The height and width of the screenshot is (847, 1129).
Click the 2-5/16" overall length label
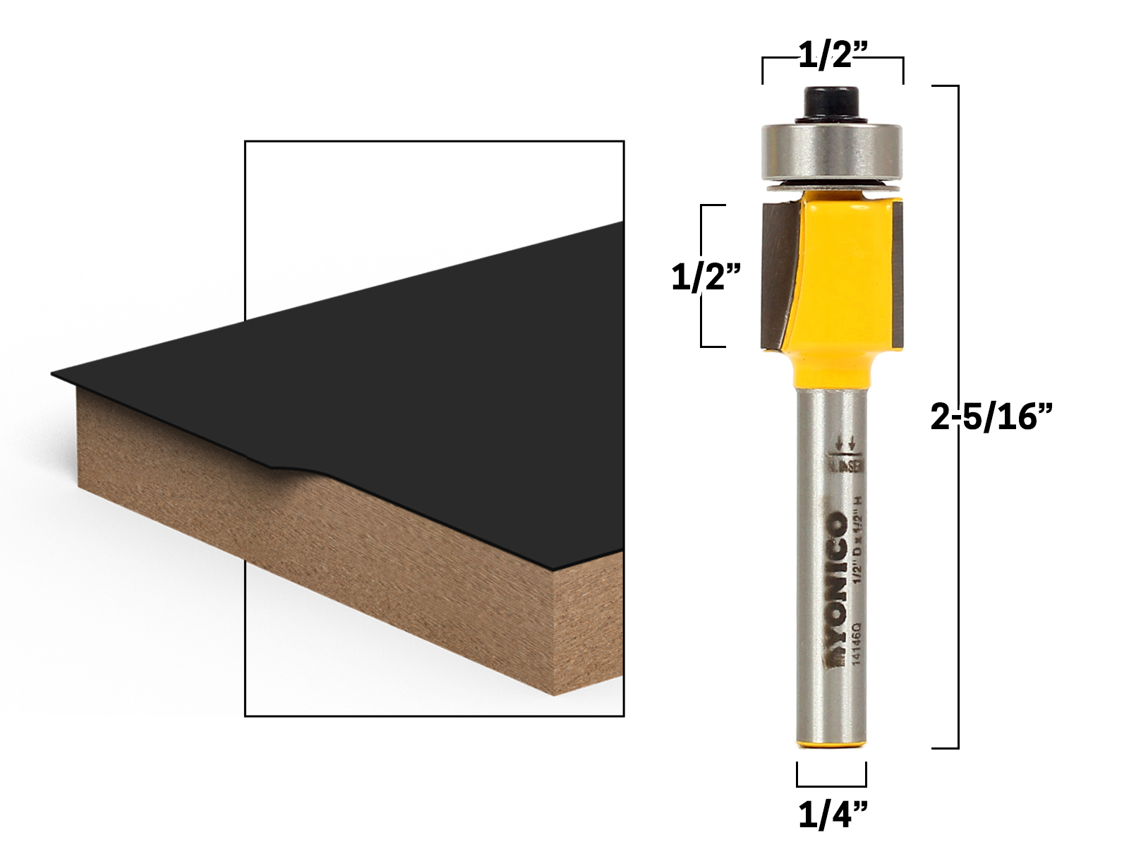[991, 419]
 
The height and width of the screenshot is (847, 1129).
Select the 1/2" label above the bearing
[832, 55]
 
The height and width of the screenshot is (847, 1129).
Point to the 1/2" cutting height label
[707, 278]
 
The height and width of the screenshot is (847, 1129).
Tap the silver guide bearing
[832, 152]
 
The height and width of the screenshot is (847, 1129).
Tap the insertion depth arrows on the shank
[845, 443]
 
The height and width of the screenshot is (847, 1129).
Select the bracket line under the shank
[832, 786]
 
